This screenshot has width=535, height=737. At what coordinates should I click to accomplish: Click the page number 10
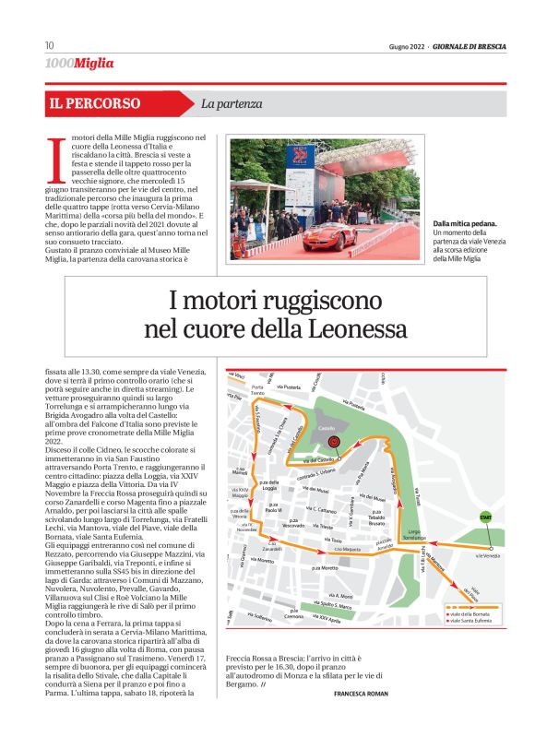point(49,46)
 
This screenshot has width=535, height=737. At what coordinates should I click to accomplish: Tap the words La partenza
point(232,104)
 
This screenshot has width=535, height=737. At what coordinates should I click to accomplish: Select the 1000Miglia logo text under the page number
point(80,63)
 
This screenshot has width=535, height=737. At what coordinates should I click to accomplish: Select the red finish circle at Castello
point(338,443)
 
